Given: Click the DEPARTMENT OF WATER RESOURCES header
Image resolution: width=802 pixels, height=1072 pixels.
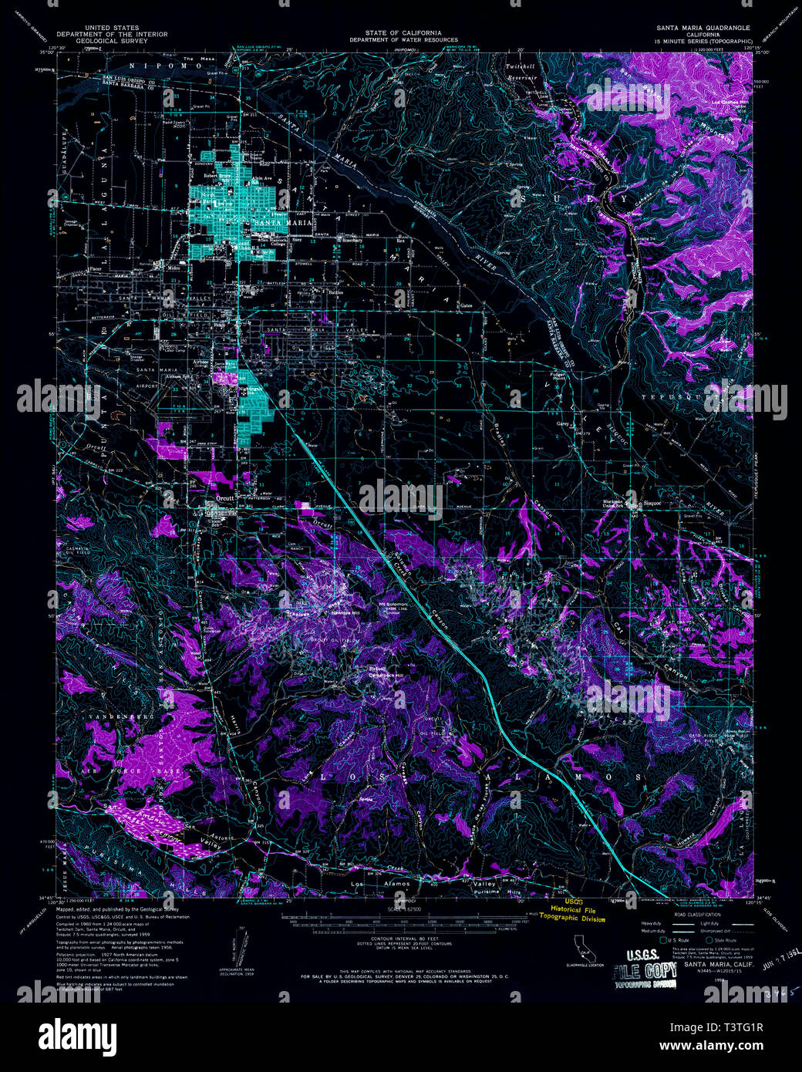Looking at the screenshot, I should pos(403,40).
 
